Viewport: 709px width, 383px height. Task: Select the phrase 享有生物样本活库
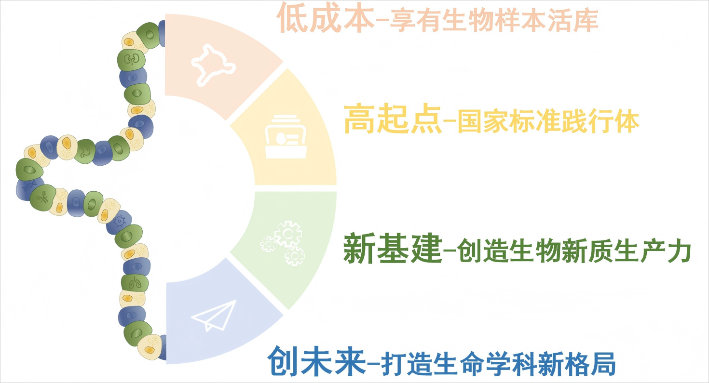click(x=494, y=20)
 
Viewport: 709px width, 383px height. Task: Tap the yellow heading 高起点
click(x=393, y=119)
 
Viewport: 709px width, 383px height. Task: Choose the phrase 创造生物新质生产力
click(x=573, y=251)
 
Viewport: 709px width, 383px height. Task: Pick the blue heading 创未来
click(x=316, y=361)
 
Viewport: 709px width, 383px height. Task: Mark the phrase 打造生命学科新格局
click(x=498, y=363)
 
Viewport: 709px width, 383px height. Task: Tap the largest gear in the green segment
click(x=288, y=234)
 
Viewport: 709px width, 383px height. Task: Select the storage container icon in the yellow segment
click(x=286, y=136)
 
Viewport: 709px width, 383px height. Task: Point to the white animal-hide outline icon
click(x=213, y=65)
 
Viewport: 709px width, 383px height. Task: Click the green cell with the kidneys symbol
click(x=131, y=60)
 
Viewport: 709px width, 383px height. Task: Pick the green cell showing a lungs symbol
click(x=135, y=283)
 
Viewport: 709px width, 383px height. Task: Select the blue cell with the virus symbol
click(x=119, y=222)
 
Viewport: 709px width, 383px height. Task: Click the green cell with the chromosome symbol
click(x=43, y=198)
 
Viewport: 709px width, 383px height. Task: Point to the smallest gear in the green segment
click(x=268, y=244)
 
